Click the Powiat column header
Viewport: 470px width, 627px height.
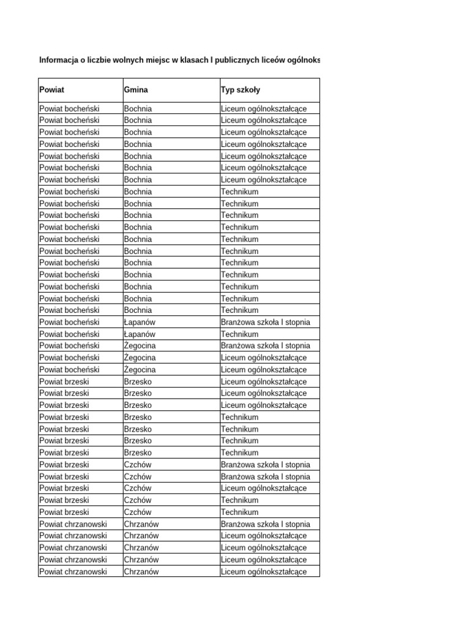tap(51, 90)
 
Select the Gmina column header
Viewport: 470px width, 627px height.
tap(135, 90)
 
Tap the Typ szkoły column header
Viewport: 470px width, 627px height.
tap(241, 90)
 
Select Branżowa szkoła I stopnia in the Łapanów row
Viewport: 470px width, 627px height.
tap(266, 322)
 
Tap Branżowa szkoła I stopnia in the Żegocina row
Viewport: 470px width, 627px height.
tap(266, 346)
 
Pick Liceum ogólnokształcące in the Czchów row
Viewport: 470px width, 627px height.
tap(264, 489)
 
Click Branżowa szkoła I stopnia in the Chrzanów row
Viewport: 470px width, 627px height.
tap(266, 524)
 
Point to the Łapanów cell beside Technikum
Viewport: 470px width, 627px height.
tap(140, 334)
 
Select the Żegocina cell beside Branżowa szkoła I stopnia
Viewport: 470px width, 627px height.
tap(140, 346)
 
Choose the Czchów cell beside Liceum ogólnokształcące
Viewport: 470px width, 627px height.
tap(138, 489)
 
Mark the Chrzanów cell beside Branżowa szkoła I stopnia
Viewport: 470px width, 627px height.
tap(141, 524)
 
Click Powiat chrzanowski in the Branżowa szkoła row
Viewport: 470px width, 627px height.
tap(73, 524)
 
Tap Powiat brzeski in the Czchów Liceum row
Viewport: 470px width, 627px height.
tap(64, 489)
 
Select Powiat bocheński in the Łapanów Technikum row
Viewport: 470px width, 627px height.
tap(69, 334)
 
